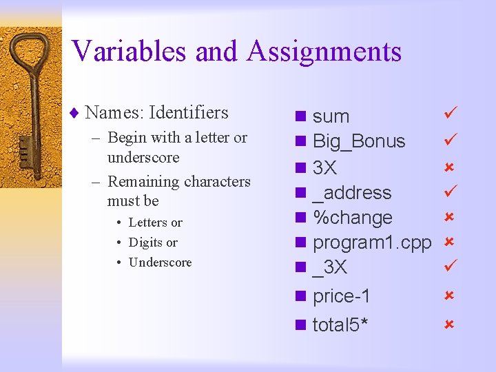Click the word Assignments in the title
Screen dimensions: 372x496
pos(324,51)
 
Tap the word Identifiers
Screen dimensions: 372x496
pos(188,112)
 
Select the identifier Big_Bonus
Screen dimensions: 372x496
pos(359,142)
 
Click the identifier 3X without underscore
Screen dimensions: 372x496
pos(324,167)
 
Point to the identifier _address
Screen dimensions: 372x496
pos(351,193)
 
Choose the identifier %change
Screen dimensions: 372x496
pos(352,218)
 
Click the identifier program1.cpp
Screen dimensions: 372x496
pos(372,242)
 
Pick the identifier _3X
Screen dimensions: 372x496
pos(330,267)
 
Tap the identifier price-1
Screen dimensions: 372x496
pos(342,296)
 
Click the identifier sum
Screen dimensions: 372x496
pos(331,116)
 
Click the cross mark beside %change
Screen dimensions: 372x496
pos(448,216)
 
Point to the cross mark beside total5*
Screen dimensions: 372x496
pos(448,323)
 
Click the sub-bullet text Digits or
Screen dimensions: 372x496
pos(153,242)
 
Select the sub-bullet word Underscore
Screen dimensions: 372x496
pos(161,262)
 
